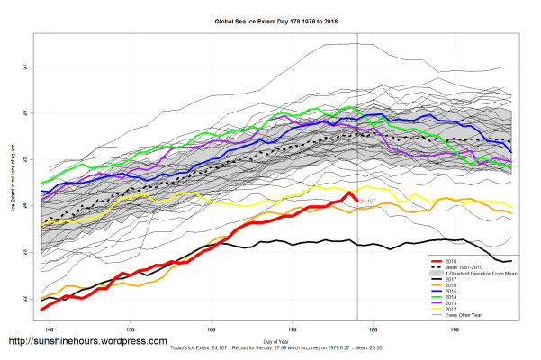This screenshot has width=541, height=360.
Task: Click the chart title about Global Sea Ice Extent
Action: click(x=270, y=20)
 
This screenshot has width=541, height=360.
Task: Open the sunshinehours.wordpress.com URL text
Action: click(x=87, y=342)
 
